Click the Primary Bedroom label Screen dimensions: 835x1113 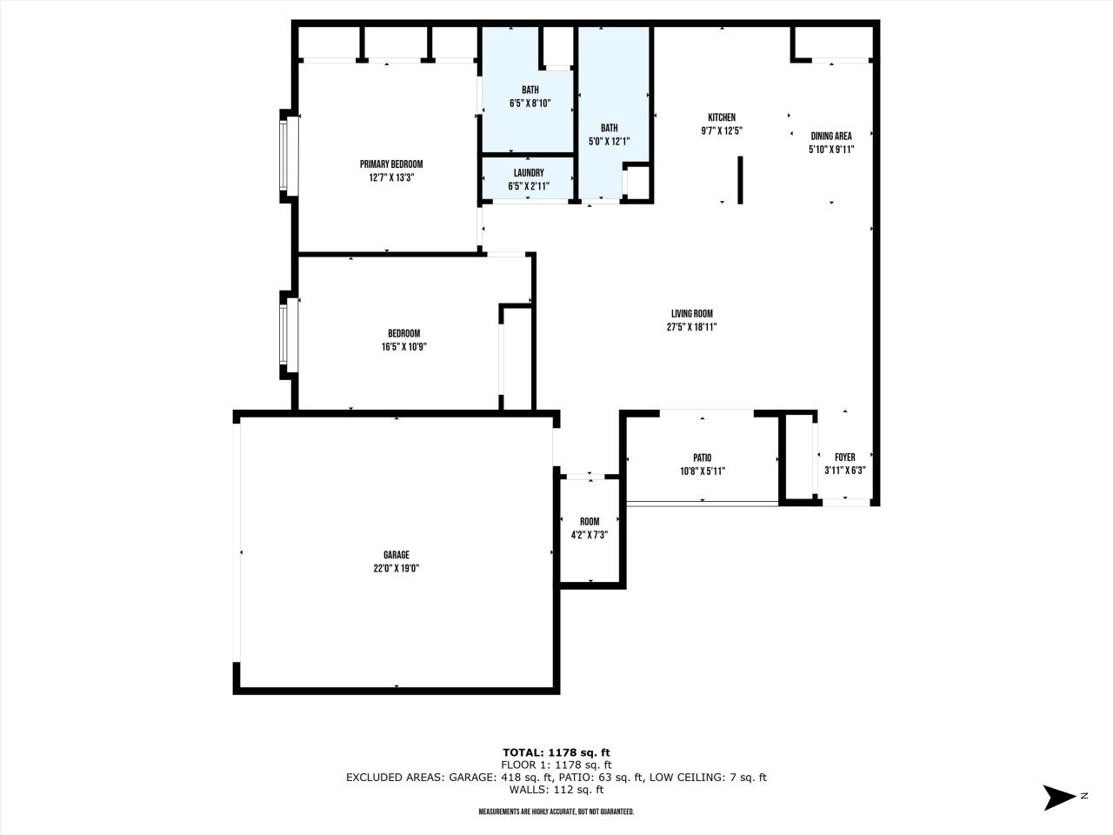point(391,164)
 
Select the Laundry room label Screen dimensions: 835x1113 point(529,172)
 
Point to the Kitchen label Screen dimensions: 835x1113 point(722,117)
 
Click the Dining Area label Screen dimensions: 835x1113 point(831,136)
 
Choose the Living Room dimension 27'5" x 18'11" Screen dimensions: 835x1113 point(691,327)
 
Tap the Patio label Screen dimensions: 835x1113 point(703,458)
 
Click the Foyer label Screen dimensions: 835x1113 point(844,458)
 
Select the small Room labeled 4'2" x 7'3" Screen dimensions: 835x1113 point(590,529)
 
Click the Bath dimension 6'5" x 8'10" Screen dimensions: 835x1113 point(530,104)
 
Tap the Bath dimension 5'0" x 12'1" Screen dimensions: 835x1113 point(609,142)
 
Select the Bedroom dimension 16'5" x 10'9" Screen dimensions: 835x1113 point(403,346)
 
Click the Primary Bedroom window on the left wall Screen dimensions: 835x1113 point(283,157)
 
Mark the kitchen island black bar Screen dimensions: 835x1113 point(740,180)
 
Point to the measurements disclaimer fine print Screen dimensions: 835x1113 point(556,812)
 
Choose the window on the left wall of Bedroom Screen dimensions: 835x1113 point(283,334)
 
